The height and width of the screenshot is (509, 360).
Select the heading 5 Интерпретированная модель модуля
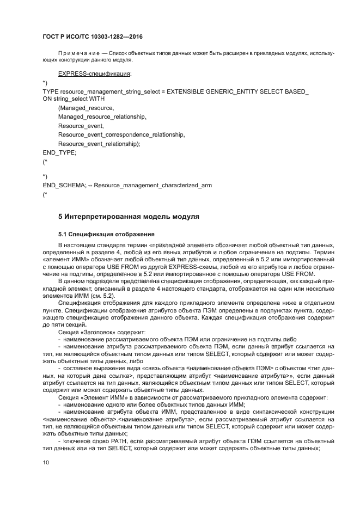click(x=129, y=217)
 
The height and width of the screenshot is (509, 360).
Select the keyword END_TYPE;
click(x=59, y=153)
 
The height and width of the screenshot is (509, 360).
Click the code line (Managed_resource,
click(x=86, y=108)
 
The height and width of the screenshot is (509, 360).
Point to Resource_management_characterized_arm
click(x=153, y=185)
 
